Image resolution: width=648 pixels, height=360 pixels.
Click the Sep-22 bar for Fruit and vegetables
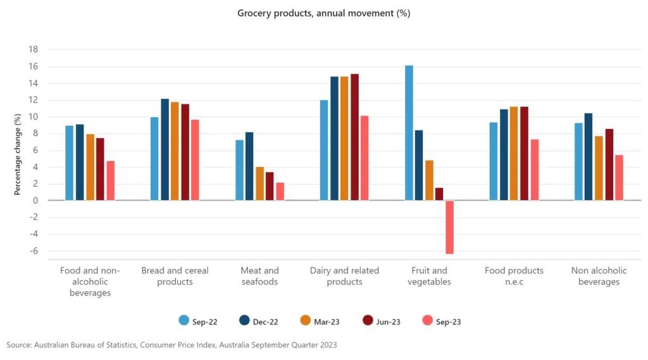pos(409,133)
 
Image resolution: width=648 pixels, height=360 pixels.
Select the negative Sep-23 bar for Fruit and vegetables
pos(449,227)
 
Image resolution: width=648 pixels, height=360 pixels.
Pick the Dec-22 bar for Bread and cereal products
pos(165,149)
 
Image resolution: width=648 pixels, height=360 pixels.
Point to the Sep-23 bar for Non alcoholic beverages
pos(619,178)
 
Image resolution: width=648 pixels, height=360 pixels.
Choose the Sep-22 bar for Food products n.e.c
pos(494,161)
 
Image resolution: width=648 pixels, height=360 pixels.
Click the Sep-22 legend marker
pos(184,321)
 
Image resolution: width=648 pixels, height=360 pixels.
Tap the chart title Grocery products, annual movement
pos(324,13)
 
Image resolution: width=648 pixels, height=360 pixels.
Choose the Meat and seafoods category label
pos(259,276)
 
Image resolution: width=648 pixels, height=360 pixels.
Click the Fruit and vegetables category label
pos(430,276)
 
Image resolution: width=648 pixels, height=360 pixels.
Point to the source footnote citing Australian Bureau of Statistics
pos(172,345)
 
